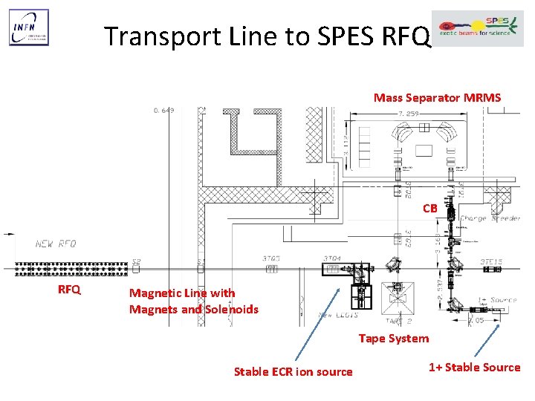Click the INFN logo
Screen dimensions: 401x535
click(28, 28)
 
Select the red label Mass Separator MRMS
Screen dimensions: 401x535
click(437, 98)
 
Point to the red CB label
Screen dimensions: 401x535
click(429, 209)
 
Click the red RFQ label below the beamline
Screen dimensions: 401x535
click(69, 290)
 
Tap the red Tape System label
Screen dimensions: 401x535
click(393, 339)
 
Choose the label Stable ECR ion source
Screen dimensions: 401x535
click(293, 371)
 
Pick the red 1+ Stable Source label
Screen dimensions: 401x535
click(474, 368)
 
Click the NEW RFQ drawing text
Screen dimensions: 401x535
click(55, 244)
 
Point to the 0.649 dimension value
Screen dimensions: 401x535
click(163, 111)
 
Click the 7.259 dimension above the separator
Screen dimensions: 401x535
click(410, 114)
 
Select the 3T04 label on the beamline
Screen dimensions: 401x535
click(331, 258)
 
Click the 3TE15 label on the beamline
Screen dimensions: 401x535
click(491, 261)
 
